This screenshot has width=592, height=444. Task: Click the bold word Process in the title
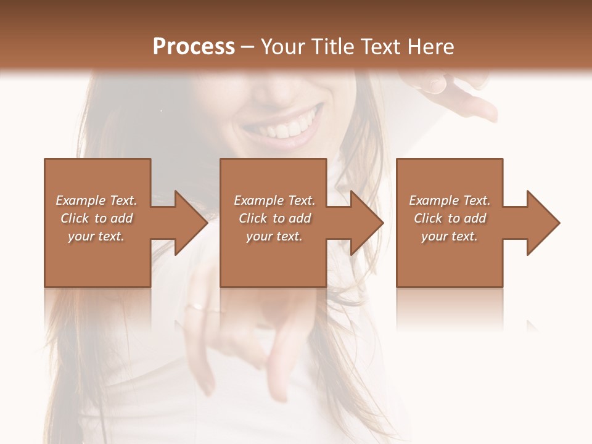[x=194, y=47]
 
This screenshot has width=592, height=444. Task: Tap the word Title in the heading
[x=332, y=47]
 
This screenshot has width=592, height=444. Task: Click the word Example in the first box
[x=81, y=200]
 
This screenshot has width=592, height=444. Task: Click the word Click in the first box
[x=75, y=218]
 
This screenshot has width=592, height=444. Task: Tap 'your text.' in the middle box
[x=274, y=236]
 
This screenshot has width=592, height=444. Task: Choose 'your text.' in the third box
[x=449, y=236]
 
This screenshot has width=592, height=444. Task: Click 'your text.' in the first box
[x=96, y=236]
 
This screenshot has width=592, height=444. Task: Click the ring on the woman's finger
[x=195, y=305]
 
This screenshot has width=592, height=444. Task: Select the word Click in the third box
[x=428, y=218]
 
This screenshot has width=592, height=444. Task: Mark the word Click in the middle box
[x=253, y=218]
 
